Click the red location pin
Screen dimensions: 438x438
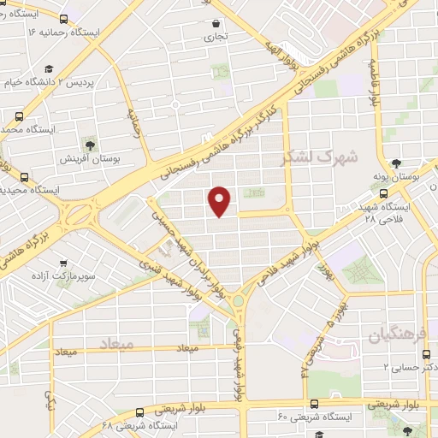[x=221, y=200]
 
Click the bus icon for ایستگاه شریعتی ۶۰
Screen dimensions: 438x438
[x=314, y=405]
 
